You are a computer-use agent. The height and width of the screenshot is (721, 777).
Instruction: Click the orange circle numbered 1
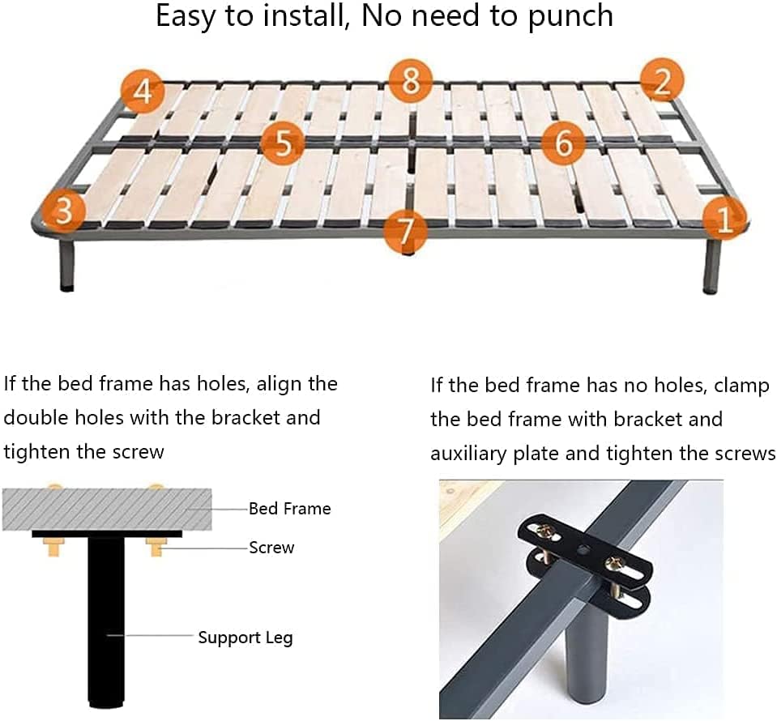pyautogui.click(x=724, y=218)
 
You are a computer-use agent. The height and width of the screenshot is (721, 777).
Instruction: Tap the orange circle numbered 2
pyautogui.click(x=662, y=80)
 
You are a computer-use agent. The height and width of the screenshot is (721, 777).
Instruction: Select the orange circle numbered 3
pyautogui.click(x=63, y=211)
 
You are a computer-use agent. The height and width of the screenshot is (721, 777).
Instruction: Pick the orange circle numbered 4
pyautogui.click(x=143, y=92)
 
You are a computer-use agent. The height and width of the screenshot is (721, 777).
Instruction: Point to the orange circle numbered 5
pyautogui.click(x=283, y=143)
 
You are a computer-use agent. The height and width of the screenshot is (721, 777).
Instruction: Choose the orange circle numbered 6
pyautogui.click(x=563, y=143)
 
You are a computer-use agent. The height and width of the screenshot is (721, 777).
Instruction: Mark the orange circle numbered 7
pyautogui.click(x=405, y=230)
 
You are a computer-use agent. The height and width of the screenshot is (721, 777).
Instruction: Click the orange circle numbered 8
pyautogui.click(x=410, y=80)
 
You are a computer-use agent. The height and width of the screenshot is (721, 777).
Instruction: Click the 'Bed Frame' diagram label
pyautogui.click(x=290, y=509)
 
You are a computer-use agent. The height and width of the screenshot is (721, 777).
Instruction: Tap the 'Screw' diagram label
pyautogui.click(x=271, y=548)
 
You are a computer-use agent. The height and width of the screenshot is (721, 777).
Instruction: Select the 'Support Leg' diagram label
pyautogui.click(x=245, y=638)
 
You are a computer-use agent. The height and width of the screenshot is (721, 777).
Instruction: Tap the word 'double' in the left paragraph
pyautogui.click(x=35, y=417)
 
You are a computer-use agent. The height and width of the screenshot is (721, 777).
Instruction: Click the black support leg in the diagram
pyautogui.click(x=105, y=621)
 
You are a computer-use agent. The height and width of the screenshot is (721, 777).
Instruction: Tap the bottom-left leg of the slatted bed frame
pyautogui.click(x=67, y=265)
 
